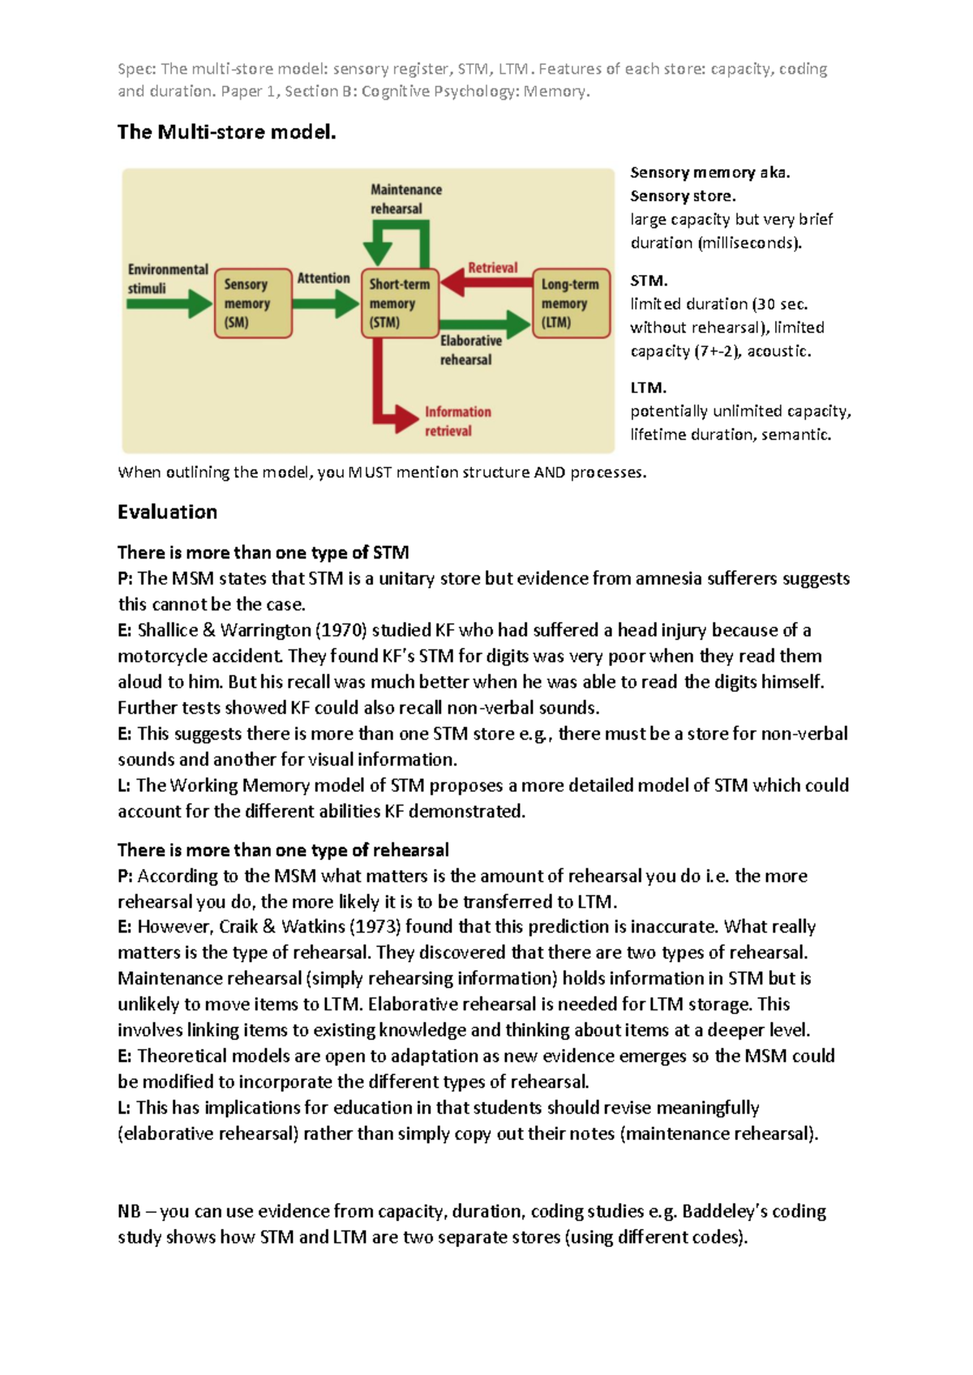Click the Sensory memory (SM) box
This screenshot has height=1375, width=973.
252,303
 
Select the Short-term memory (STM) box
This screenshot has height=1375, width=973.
400,303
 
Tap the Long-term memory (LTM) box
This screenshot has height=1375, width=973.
572,303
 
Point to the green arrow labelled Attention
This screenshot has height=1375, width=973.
324,304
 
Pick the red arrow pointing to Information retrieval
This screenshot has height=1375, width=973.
381,389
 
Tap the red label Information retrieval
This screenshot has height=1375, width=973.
458,422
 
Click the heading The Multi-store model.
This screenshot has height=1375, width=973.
226,132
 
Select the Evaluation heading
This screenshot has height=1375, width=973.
167,512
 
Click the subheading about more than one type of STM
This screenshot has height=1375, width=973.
263,553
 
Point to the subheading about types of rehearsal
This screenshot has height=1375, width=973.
283,850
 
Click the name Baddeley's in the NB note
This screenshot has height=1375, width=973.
724,1211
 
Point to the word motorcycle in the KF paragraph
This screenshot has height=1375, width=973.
158,657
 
